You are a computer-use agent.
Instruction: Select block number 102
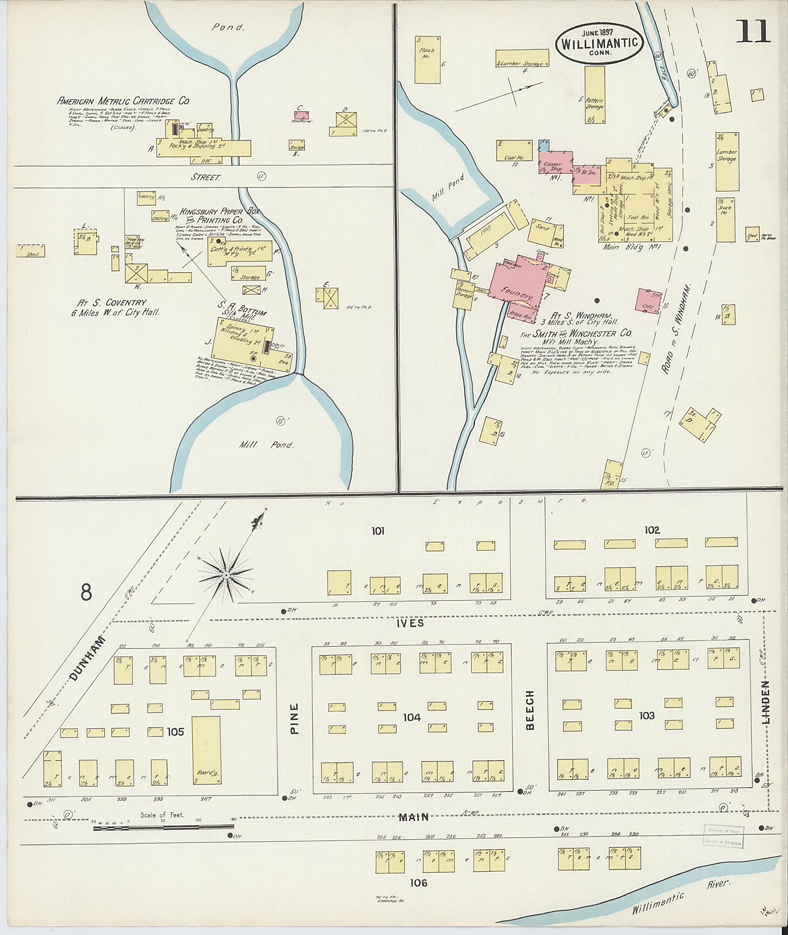tap(652, 530)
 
